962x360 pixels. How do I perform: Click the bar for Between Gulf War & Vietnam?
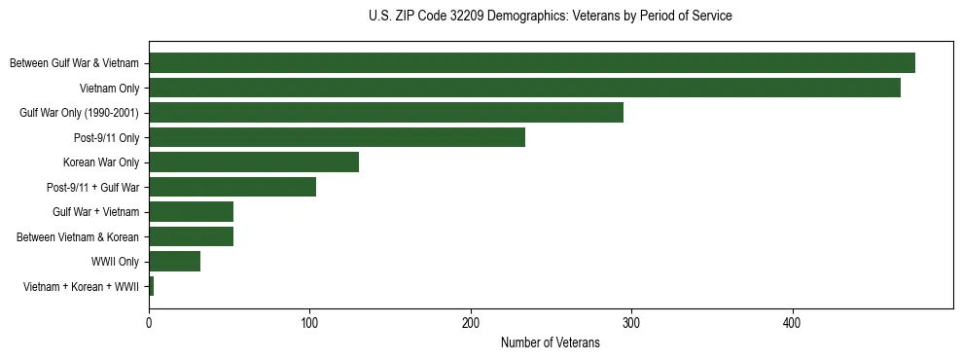(x=532, y=63)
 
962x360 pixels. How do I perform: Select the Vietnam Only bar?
(x=524, y=88)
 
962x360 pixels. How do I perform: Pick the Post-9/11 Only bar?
(x=337, y=137)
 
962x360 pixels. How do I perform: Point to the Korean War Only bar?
(x=254, y=162)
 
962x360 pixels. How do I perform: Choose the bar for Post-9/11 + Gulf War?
(x=232, y=187)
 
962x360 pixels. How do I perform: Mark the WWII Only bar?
(x=174, y=261)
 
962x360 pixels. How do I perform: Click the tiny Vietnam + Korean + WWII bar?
(x=151, y=286)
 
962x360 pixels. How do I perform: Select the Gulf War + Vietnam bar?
(x=191, y=211)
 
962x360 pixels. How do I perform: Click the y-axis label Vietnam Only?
(x=109, y=89)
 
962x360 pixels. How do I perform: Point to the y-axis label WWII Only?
(x=115, y=262)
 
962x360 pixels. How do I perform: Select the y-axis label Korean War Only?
(x=101, y=162)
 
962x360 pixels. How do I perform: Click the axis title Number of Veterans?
(x=550, y=342)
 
